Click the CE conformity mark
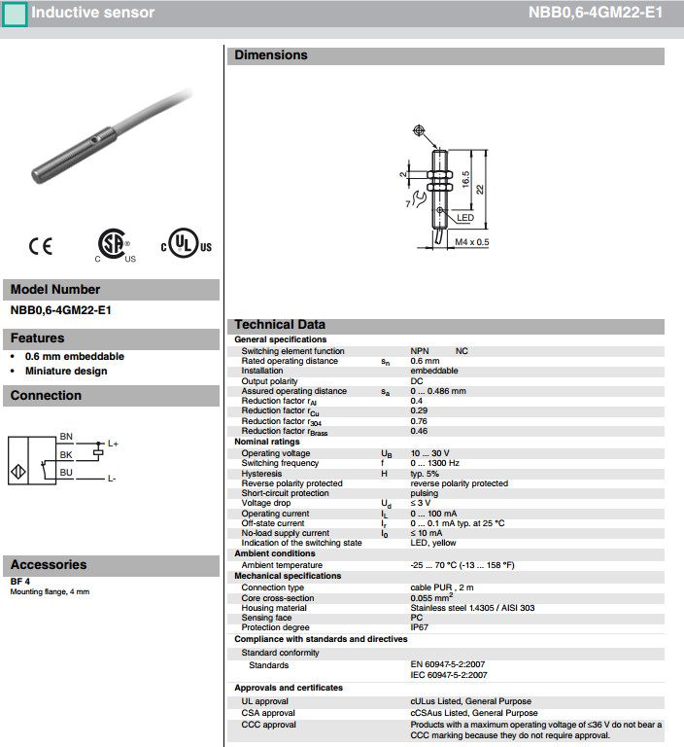pyautogui.click(x=41, y=247)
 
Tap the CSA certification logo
pyautogui.click(x=115, y=246)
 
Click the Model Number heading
pyautogui.click(x=55, y=289)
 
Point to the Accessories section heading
pyautogui.click(x=49, y=564)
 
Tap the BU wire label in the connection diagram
pyautogui.click(x=66, y=472)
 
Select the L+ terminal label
pyautogui.click(x=113, y=445)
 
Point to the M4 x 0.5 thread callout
pyautogui.click(x=472, y=242)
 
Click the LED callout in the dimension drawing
pyautogui.click(x=464, y=219)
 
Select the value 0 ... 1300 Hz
pyautogui.click(x=435, y=464)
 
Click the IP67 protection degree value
pyautogui.click(x=420, y=627)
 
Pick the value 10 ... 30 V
pyautogui.click(x=429, y=454)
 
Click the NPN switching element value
pyautogui.click(x=420, y=351)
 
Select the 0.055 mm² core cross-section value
pyautogui.click(x=433, y=597)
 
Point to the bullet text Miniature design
pyautogui.click(x=66, y=371)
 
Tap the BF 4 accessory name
pyautogui.click(x=20, y=582)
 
